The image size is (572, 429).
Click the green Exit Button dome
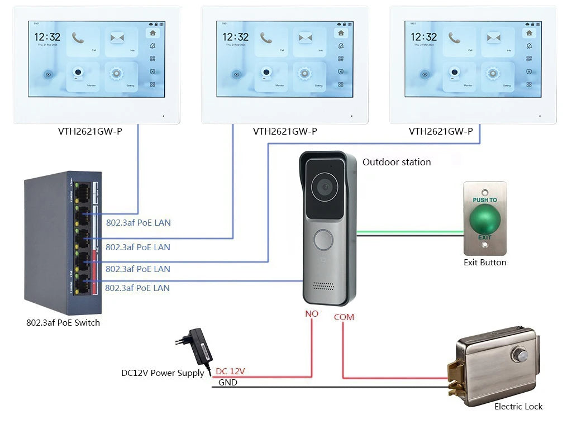tap(484, 218)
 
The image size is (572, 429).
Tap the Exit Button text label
tap(485, 263)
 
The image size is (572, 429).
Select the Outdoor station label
tap(397, 162)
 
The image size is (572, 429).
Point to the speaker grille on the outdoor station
tap(323, 285)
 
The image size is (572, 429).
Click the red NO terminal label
tap(312, 314)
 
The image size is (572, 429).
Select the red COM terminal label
tap(344, 317)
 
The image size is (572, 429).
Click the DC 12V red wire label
tap(230, 371)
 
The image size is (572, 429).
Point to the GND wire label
tap(227, 383)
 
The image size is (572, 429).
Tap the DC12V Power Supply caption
tap(163, 373)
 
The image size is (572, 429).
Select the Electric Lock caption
tap(518, 407)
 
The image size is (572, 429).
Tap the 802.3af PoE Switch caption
tap(63, 322)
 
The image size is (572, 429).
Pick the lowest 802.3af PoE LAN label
tap(137, 288)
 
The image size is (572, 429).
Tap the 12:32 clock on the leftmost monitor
tap(47, 37)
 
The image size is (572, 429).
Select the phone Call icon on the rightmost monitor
tap(454, 37)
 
